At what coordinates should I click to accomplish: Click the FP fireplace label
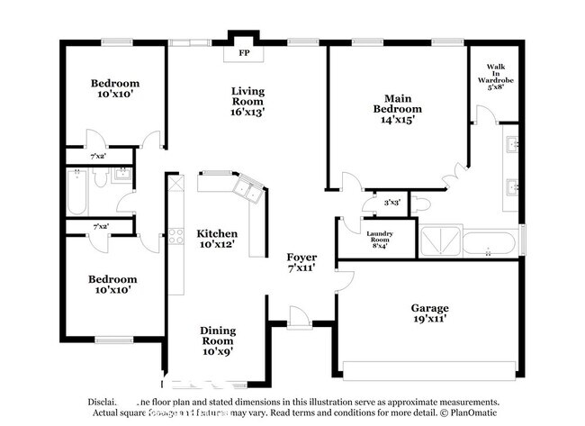tap(244, 53)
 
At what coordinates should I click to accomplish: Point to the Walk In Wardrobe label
tap(496, 77)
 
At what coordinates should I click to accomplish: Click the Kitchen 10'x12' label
tap(217, 239)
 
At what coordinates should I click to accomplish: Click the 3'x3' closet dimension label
tap(392, 204)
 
